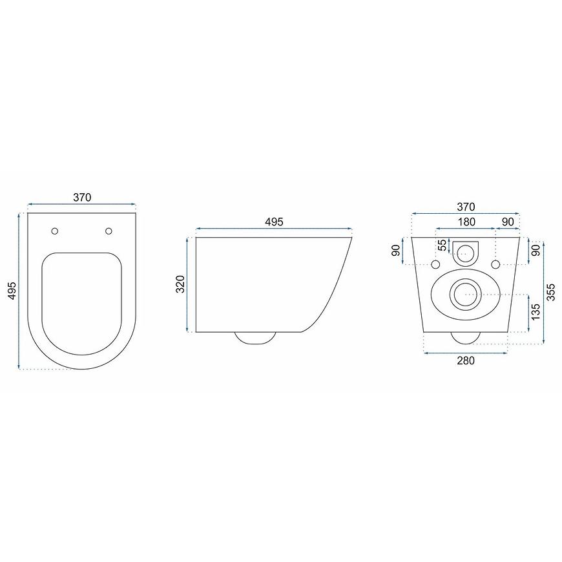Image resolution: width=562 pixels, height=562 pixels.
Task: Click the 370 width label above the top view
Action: (82, 197)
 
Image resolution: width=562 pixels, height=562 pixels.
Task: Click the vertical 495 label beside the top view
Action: (12, 291)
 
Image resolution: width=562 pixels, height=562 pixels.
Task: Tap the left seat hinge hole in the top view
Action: (55, 231)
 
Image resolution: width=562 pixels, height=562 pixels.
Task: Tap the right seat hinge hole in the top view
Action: (109, 231)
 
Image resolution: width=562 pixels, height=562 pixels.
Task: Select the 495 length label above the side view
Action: (274, 222)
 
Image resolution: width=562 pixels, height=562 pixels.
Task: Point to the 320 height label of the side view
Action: (180, 284)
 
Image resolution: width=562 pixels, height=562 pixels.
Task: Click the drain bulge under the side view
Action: (255, 338)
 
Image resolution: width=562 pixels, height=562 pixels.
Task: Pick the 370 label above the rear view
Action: (466, 207)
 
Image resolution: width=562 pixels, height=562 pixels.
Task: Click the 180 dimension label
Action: (466, 222)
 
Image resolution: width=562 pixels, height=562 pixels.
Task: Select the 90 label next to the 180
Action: (508, 222)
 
